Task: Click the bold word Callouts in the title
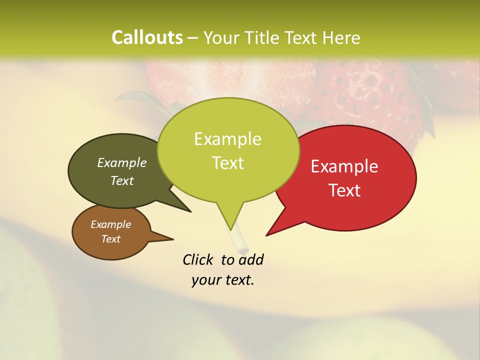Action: click(147, 37)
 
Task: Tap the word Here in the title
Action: click(340, 37)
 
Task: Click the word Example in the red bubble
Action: click(344, 166)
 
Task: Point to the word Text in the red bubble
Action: click(345, 190)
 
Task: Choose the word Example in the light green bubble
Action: click(227, 139)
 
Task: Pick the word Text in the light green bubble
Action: click(228, 163)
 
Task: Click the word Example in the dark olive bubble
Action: click(122, 163)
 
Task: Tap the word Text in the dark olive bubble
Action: click(122, 181)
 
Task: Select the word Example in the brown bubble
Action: click(110, 224)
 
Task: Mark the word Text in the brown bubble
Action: click(111, 239)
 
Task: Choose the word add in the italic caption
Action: click(250, 259)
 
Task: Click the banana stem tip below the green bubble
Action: click(244, 248)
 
